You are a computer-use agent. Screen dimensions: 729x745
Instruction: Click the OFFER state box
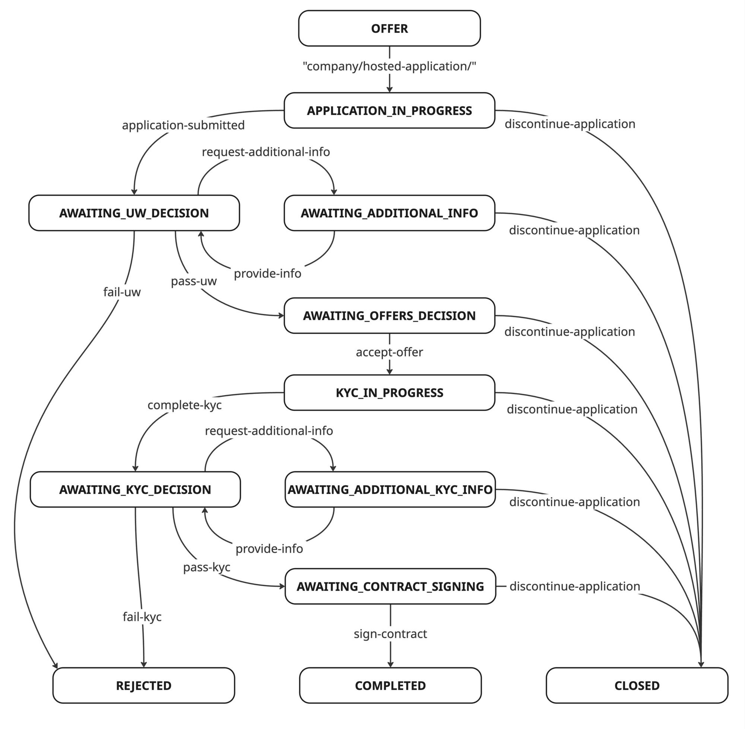pos(389,28)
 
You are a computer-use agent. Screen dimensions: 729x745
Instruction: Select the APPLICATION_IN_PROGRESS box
pos(389,110)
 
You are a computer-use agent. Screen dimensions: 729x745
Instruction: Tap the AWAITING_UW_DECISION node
pos(134,213)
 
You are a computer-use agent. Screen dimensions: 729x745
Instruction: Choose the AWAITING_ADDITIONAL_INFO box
pos(389,213)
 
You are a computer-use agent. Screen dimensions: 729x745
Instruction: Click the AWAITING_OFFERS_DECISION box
pos(389,315)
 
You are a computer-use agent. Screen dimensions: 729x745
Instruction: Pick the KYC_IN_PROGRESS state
pos(389,392)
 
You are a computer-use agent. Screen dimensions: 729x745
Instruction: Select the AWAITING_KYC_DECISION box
pos(135,489)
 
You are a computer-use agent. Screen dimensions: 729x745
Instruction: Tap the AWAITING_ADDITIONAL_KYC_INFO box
pos(390,489)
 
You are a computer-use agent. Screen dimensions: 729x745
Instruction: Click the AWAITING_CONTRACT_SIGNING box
pos(390,586)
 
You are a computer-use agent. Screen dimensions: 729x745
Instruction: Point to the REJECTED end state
pos(144,685)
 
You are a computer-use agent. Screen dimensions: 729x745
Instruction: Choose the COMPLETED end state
pos(390,685)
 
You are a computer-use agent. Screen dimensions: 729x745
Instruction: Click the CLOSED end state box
pos(637,685)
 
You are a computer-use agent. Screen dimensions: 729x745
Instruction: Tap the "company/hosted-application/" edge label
pos(389,66)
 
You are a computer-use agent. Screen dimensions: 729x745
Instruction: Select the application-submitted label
pos(183,125)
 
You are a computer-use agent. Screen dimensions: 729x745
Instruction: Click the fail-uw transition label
pos(122,292)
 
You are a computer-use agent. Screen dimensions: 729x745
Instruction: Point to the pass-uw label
pos(194,281)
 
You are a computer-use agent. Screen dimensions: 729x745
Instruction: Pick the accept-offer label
pos(389,352)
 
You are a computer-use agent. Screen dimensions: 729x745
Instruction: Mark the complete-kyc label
pos(185,405)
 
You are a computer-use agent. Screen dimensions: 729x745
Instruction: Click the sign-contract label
pos(390,634)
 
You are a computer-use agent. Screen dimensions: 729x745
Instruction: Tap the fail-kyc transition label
pos(142,617)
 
